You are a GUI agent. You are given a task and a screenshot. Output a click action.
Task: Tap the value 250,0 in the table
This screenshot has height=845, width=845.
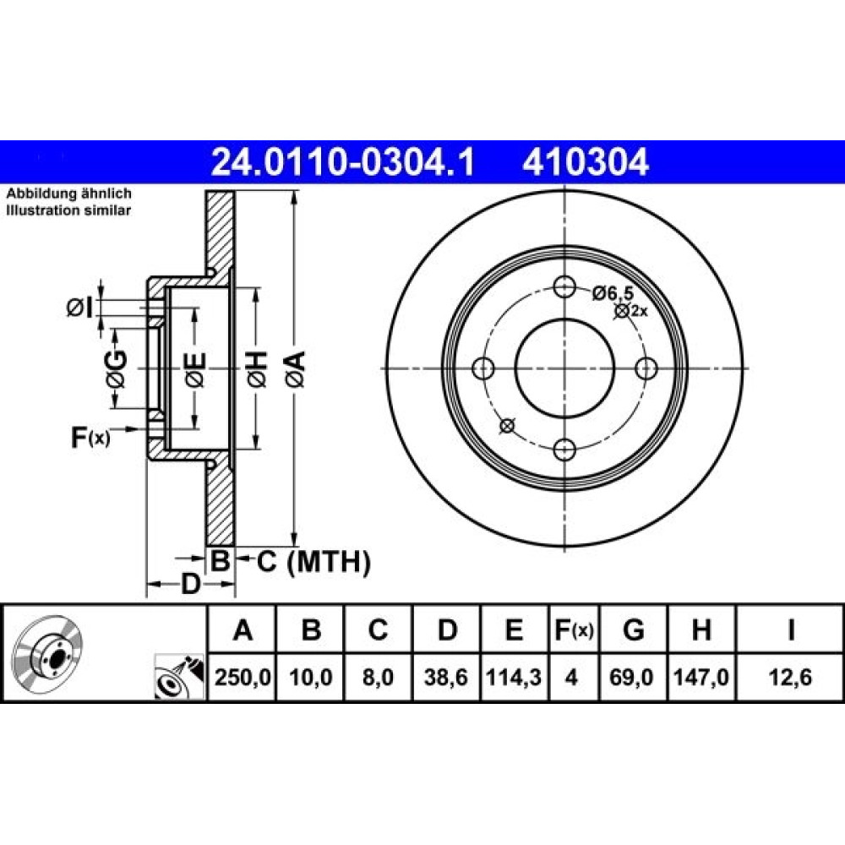tap(243, 677)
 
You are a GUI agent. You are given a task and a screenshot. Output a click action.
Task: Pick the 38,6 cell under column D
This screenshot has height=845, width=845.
tap(446, 677)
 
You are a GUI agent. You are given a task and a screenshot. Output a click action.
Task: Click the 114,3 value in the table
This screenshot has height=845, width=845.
tap(514, 677)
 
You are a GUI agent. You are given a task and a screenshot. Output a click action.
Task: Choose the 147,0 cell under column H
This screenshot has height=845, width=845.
tap(701, 677)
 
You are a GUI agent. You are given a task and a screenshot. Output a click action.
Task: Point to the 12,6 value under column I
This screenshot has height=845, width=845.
tap(790, 677)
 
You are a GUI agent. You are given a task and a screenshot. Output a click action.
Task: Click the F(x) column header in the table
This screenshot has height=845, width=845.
tap(574, 630)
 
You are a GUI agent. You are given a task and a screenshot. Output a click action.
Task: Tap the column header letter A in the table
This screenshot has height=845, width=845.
tap(243, 630)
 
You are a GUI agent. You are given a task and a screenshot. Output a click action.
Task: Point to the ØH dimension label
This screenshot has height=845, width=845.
tap(257, 368)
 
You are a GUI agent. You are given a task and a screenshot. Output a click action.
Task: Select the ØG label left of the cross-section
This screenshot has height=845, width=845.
tap(117, 368)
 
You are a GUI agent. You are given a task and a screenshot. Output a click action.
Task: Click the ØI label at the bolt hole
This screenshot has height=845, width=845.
tap(80, 308)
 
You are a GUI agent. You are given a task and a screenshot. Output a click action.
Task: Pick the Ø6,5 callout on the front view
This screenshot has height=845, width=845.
tap(613, 294)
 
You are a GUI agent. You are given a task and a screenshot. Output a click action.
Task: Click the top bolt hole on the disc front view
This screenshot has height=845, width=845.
tap(564, 286)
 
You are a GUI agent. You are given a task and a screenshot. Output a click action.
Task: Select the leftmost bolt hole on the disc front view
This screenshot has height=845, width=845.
tap(482, 368)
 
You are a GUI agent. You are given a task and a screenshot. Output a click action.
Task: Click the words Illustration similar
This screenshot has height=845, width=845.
tap(68, 210)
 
